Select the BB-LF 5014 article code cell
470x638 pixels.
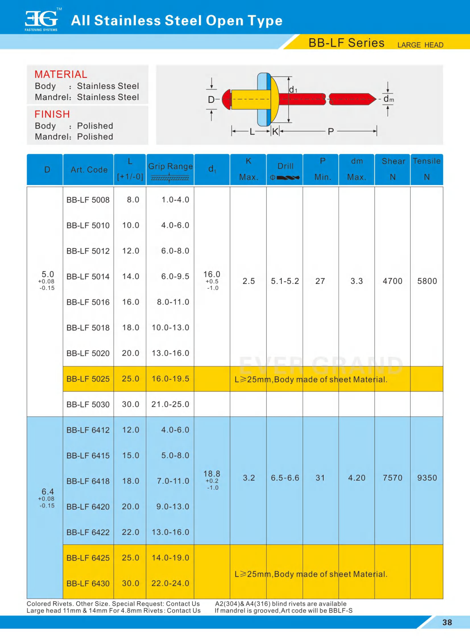coord(88,277)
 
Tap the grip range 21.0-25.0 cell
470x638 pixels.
coord(170,404)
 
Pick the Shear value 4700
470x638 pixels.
coord(392,281)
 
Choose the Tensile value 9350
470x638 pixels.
coord(427,478)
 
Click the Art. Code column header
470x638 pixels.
coord(89,170)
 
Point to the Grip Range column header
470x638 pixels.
coord(170,167)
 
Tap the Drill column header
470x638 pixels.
coord(285,166)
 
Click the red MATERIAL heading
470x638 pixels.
coord(61,75)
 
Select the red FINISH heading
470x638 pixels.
coord(52,114)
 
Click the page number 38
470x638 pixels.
coord(447,622)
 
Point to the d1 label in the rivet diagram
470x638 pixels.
coord(293,90)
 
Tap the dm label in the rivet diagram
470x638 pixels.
coord(388,99)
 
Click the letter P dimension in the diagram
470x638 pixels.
coord(330,132)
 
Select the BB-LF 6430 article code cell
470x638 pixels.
coord(88,583)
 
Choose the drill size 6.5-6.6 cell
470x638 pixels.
coord(285,478)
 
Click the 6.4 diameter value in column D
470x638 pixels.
coord(47,492)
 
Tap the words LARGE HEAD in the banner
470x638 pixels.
coord(420,45)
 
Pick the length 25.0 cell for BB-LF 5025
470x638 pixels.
coord(130,379)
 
